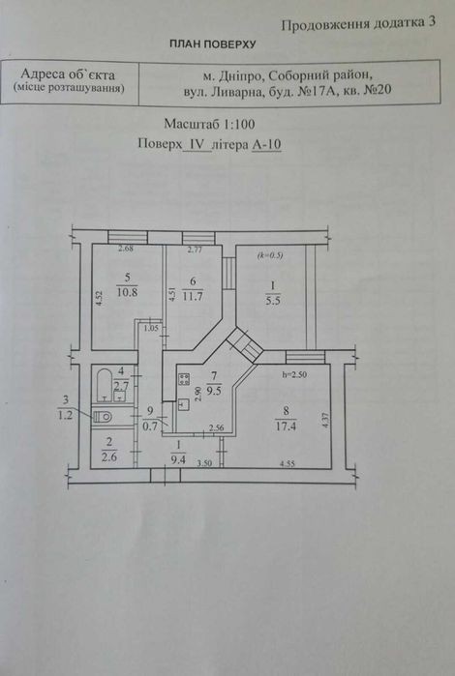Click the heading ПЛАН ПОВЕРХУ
(x=212, y=44)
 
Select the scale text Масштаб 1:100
(x=209, y=124)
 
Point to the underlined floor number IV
(x=197, y=144)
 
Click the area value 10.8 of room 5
(x=127, y=292)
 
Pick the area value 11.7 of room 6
(x=193, y=297)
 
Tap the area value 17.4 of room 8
(x=286, y=426)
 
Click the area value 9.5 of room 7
(x=214, y=391)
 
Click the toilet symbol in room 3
(x=103, y=417)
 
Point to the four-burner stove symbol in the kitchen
(x=184, y=379)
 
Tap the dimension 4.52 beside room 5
(x=100, y=299)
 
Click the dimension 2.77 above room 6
(x=195, y=249)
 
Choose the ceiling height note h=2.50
(x=294, y=374)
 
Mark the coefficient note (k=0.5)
(x=270, y=255)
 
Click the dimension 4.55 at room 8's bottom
(x=288, y=464)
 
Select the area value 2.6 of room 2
(x=108, y=457)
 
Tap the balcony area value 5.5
(x=273, y=301)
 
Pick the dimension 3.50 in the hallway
(x=204, y=464)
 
